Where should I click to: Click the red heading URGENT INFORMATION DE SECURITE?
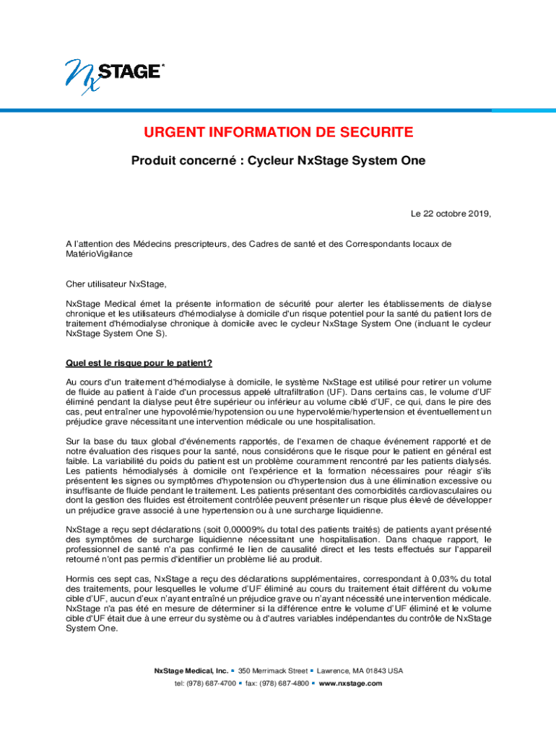click(x=278, y=133)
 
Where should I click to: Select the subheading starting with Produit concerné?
click(x=278, y=161)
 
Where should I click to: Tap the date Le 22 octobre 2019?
click(x=451, y=214)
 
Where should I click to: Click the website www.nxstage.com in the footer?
click(x=350, y=683)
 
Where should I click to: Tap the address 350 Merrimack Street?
click(x=278, y=670)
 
